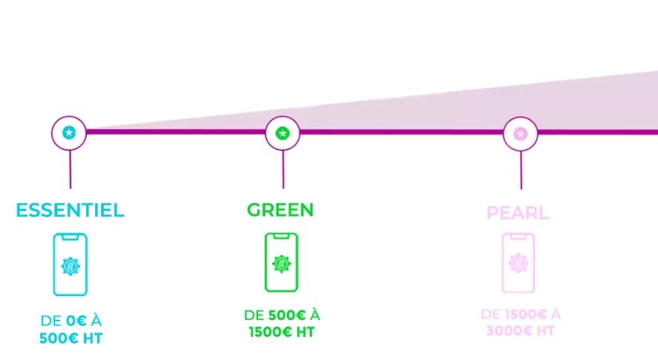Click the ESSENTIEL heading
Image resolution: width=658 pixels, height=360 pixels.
click(x=70, y=210)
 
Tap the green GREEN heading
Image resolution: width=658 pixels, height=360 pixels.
click(x=280, y=210)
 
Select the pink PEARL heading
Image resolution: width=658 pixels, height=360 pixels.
click(x=517, y=213)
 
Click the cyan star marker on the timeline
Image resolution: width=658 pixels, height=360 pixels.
click(x=69, y=133)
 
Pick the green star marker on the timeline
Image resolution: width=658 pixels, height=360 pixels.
click(x=283, y=133)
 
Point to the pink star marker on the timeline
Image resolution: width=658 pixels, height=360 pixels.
click(x=520, y=134)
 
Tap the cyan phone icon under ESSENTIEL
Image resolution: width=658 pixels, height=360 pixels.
click(x=70, y=264)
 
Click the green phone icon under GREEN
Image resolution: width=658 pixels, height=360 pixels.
click(x=281, y=263)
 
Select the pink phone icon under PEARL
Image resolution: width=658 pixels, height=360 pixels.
click(x=518, y=263)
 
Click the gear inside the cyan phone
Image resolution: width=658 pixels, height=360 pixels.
click(x=70, y=266)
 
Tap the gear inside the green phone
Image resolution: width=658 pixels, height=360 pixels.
click(x=281, y=264)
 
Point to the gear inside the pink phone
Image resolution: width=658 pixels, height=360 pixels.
click(x=518, y=263)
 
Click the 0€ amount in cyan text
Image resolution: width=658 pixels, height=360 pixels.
click(x=77, y=321)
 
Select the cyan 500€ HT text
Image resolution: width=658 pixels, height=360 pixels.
click(x=71, y=338)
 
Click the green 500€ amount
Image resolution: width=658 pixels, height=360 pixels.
click(x=287, y=315)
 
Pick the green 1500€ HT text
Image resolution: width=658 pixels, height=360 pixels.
click(x=282, y=332)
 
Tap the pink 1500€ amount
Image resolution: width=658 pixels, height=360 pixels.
click(x=526, y=315)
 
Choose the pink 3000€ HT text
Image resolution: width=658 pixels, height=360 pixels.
click(x=520, y=331)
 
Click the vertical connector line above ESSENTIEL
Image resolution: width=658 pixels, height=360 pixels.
click(x=70, y=169)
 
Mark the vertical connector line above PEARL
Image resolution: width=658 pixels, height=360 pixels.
click(x=521, y=170)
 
